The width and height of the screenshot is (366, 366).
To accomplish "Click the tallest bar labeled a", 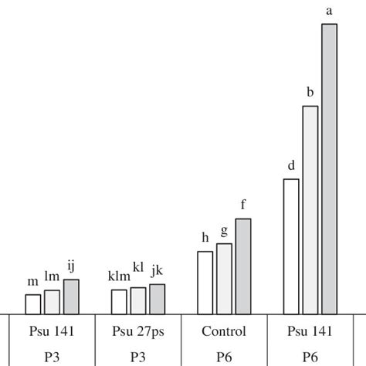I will point(329,169).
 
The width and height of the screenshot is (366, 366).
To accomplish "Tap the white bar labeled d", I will point(291,246).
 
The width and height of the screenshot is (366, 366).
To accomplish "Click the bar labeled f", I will point(243,266).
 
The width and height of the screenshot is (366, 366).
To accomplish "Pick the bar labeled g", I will point(224,279).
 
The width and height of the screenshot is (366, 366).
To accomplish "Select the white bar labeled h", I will point(205,283).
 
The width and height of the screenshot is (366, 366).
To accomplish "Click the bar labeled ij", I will point(71,297).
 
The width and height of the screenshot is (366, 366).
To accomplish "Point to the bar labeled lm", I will point(52,302).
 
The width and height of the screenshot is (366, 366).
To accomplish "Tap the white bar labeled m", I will point(33,304).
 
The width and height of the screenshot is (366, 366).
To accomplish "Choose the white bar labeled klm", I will point(119,302).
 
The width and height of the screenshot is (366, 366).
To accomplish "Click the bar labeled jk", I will point(157,299).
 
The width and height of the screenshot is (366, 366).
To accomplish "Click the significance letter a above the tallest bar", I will point(330,11).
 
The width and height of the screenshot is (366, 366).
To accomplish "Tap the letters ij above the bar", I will point(71,266).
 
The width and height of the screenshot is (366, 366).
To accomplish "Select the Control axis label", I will point(224,332).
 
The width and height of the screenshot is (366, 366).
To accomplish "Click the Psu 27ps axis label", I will point(137,332).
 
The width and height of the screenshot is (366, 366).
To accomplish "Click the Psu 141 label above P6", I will point(310,332).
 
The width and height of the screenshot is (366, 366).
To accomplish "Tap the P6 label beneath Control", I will point(224,357).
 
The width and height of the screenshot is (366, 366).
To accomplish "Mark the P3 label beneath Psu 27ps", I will point(137,357).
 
